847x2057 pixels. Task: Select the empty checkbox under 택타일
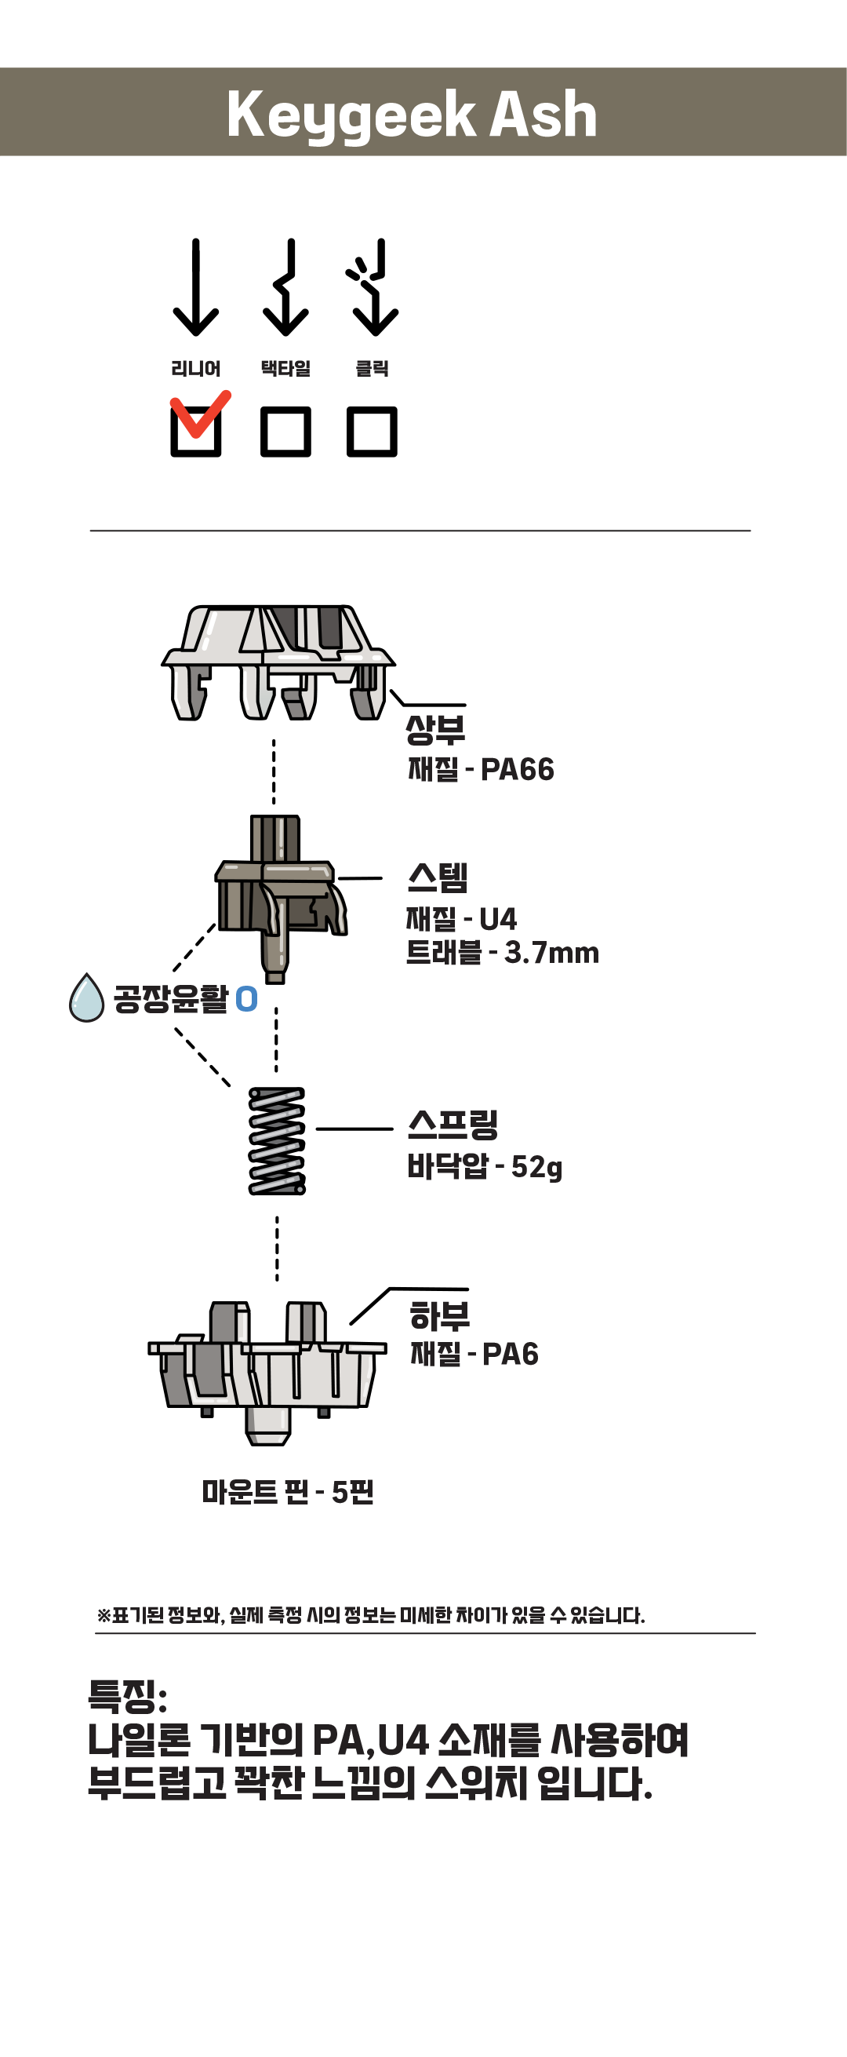[x=285, y=431]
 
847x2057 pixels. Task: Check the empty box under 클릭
[x=372, y=431]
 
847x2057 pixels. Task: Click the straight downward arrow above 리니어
[x=195, y=287]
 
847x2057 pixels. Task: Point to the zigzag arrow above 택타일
[x=285, y=287]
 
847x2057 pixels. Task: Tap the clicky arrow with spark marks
[x=372, y=287]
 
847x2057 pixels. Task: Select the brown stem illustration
[x=281, y=899]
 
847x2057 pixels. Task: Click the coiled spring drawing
[x=277, y=1141]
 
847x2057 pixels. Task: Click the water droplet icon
[x=87, y=997]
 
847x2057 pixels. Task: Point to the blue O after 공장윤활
[x=247, y=999]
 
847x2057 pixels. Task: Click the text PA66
[x=518, y=770]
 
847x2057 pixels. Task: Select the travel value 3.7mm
[x=551, y=953]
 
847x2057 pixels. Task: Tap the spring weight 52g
[x=536, y=1168]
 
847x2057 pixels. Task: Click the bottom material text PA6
[x=510, y=1355]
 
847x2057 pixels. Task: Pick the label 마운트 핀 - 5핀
[x=287, y=1492]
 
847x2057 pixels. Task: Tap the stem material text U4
[x=498, y=919]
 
